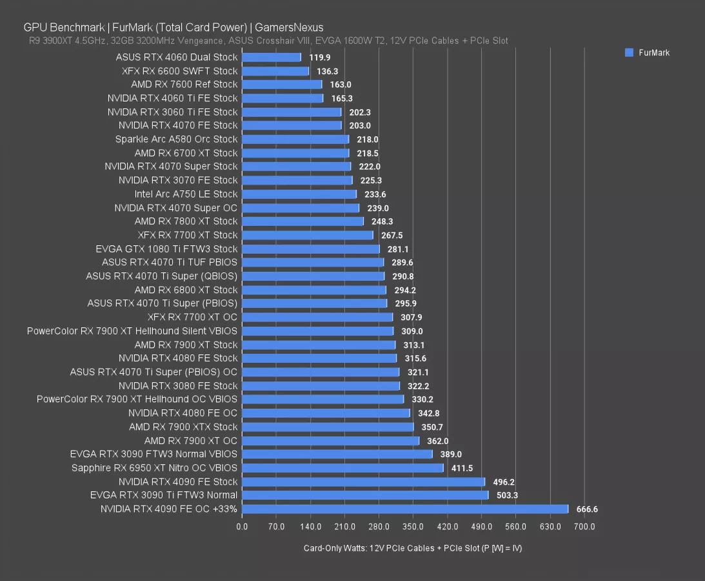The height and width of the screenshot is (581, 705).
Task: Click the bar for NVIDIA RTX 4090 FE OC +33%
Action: click(404, 509)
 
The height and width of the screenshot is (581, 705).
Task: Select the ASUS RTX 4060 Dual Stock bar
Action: click(271, 57)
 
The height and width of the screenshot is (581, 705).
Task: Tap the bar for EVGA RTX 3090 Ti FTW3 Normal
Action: click(364, 495)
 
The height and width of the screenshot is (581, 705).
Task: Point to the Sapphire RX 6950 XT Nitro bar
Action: click(343, 468)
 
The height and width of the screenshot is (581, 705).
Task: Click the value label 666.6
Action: click(587, 509)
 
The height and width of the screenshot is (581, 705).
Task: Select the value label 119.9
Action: click(320, 57)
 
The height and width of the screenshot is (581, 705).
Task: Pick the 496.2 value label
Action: click(504, 482)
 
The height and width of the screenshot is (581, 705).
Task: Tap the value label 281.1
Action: click(398, 249)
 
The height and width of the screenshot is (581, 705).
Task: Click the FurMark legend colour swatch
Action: click(629, 52)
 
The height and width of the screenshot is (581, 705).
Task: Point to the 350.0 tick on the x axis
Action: click(413, 527)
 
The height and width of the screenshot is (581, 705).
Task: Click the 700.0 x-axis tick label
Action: click(584, 527)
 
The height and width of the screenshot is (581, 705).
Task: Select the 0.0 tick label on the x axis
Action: click(242, 527)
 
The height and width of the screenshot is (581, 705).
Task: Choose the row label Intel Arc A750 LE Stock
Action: click(186, 194)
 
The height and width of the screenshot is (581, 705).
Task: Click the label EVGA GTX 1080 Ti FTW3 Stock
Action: click(166, 249)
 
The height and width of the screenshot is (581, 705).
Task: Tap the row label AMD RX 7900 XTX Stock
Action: click(183, 427)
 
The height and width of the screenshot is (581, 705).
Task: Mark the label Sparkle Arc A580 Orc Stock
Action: click(176, 139)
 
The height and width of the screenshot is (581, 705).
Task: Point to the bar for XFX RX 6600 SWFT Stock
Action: click(275, 71)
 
